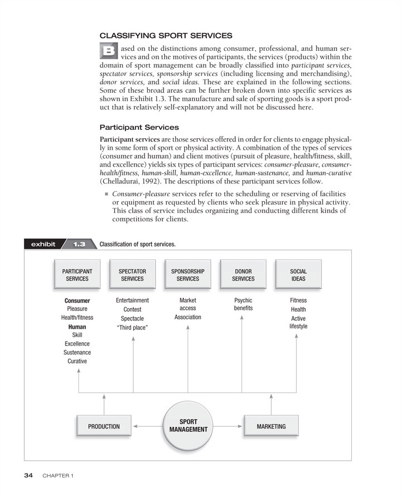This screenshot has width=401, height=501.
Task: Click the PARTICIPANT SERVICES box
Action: pos(77,275)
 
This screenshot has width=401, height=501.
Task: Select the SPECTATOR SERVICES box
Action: pos(132,275)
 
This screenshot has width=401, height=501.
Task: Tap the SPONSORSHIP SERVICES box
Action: pos(188,275)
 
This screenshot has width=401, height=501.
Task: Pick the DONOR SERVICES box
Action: pos(243,275)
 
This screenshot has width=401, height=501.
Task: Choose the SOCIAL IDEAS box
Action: pos(299,275)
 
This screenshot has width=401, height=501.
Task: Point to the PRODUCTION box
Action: pos(104,427)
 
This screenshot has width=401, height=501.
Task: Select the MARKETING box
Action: pos(271,427)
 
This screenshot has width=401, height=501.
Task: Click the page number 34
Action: pos(29,475)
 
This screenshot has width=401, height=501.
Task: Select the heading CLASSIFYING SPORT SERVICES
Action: pos(166,36)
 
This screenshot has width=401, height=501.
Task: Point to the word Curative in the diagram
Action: pos(77,361)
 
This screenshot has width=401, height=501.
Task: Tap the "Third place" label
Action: pos(132,328)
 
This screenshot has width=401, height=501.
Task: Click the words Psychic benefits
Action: pos(243,304)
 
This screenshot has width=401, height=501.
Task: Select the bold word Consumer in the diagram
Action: pos(77,301)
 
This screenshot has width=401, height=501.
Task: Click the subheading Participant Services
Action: pos(139,127)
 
